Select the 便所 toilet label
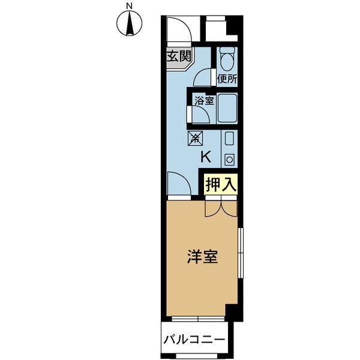227,78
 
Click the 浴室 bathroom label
204,100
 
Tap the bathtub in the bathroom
227,109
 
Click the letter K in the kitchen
205,157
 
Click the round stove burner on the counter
229,160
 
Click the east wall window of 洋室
240,252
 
